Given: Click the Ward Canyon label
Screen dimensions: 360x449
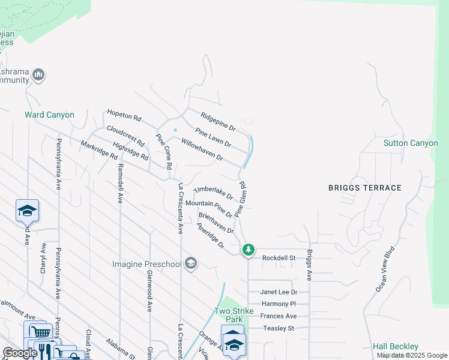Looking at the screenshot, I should [x=49, y=115].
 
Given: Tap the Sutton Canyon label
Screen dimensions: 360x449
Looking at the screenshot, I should [x=411, y=143].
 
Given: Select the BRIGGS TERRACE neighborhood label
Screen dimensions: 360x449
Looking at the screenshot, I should [x=364, y=188].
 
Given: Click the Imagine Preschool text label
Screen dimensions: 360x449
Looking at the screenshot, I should [x=147, y=264].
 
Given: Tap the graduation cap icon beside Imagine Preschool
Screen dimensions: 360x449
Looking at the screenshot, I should [x=191, y=264].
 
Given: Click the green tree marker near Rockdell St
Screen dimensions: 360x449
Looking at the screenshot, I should [x=248, y=250].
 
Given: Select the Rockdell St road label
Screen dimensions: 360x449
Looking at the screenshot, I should [x=279, y=258].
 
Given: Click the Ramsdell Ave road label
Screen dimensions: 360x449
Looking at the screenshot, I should [x=120, y=183].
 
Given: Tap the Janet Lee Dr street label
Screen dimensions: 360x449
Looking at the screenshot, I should [x=278, y=292].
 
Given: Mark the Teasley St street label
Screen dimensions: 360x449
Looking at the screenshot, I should [x=279, y=328].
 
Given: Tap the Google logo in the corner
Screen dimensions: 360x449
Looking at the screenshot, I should [x=20, y=353].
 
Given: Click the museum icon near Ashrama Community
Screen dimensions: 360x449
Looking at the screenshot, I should [x=38, y=74].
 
